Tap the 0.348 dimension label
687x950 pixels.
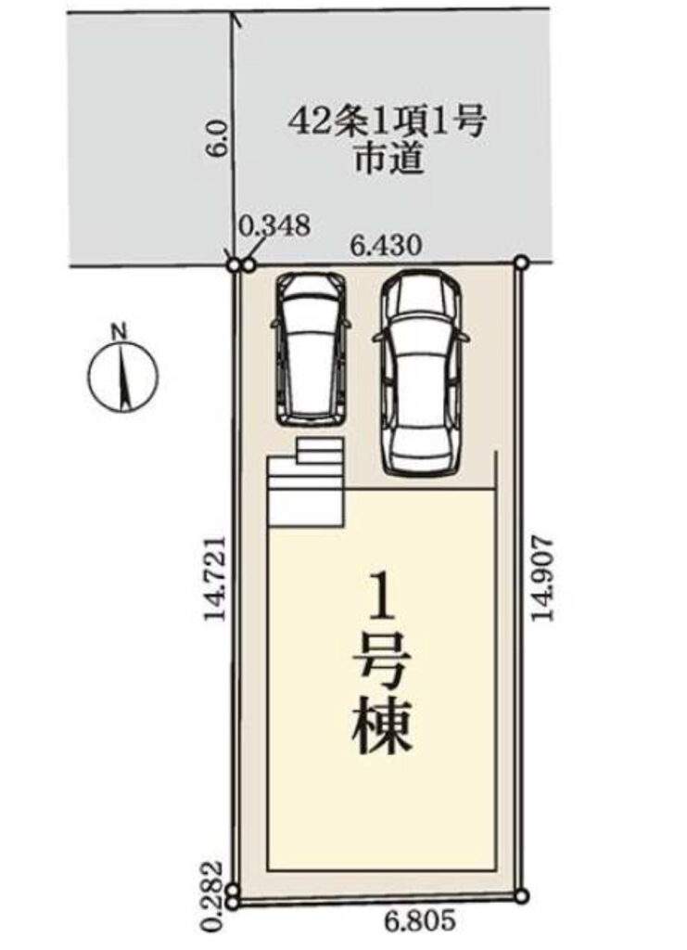click(x=274, y=226)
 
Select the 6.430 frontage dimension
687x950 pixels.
click(x=386, y=247)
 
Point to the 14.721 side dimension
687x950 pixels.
click(x=215, y=577)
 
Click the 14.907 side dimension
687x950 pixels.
click(x=542, y=577)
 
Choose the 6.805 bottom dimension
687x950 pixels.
click(x=419, y=920)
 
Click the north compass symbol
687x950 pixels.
click(x=123, y=377)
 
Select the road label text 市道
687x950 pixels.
click(x=388, y=160)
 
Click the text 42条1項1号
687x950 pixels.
click(x=388, y=123)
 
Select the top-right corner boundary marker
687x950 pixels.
click(x=522, y=263)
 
